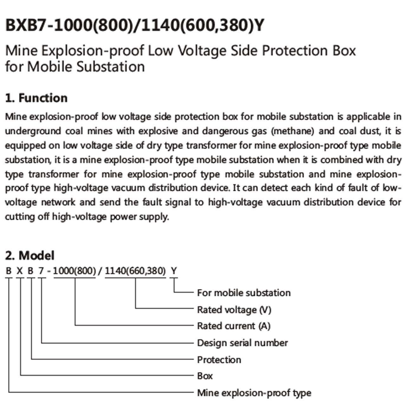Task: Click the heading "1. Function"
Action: pyautogui.click(x=36, y=98)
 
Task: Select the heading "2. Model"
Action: pyautogui.click(x=29, y=255)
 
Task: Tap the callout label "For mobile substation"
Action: pyautogui.click(x=244, y=293)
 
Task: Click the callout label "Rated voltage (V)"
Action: pyautogui.click(x=234, y=310)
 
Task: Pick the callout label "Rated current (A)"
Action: pyautogui.click(x=234, y=326)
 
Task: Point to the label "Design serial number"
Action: pyautogui.click(x=242, y=343)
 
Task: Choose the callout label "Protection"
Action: pyautogui.click(x=219, y=360)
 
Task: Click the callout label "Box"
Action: pyautogui.click(x=205, y=376)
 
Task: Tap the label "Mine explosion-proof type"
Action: pyautogui.click(x=254, y=393)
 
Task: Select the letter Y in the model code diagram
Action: pyautogui.click(x=174, y=271)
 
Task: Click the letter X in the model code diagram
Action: pyautogui.click(x=20, y=271)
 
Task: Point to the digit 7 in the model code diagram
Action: pyautogui.click(x=41, y=271)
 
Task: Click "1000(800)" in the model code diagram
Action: pyautogui.click(x=74, y=271)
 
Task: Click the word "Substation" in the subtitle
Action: pyautogui.click(x=111, y=67)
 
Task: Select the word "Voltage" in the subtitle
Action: pyautogui.click(x=202, y=51)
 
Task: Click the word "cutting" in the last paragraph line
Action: pyautogui.click(x=20, y=217)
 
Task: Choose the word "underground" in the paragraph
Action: pyautogui.click(x=33, y=131)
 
